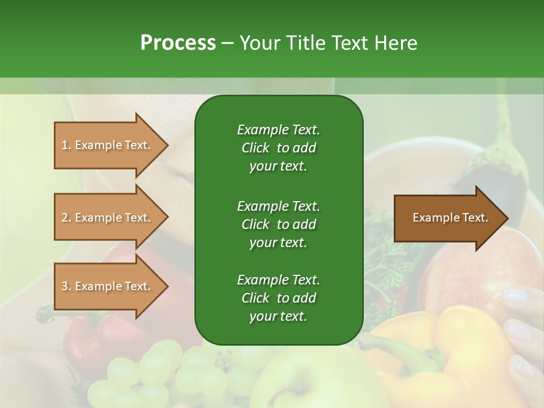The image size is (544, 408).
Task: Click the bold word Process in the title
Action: [x=178, y=43]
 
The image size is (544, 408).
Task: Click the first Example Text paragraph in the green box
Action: [x=278, y=147]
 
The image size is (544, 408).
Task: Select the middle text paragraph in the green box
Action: [x=278, y=224]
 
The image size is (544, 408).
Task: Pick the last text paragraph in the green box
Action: [x=278, y=297]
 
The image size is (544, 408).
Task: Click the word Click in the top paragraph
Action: [x=255, y=148]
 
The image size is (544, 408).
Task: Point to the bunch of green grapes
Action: [x=142, y=374]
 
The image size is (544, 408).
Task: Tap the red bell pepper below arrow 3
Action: [x=85, y=346]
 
